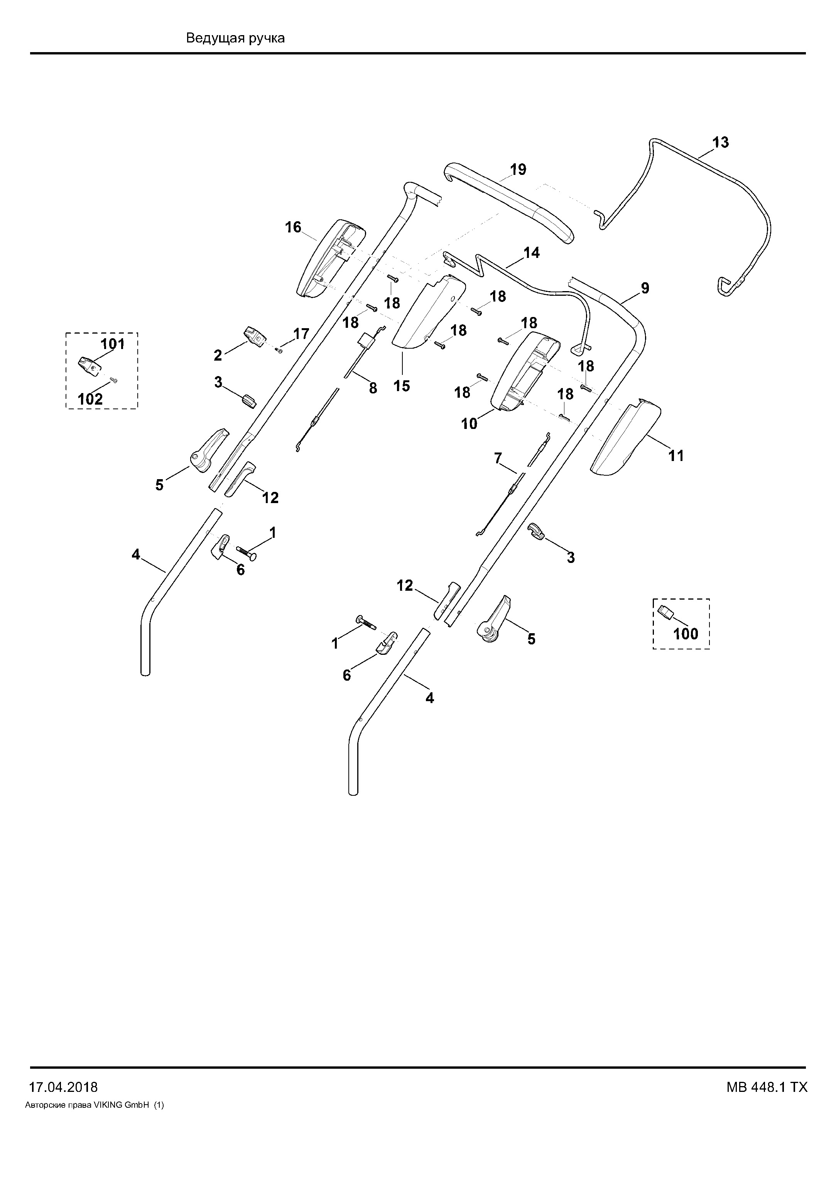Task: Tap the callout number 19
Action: (518, 169)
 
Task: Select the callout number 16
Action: (294, 227)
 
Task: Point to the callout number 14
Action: (532, 253)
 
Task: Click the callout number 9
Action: (645, 288)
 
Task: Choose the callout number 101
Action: (112, 344)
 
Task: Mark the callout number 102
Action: (91, 398)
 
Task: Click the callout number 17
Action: (301, 334)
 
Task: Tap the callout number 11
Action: (676, 456)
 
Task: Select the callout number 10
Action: (470, 424)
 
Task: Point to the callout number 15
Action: (402, 386)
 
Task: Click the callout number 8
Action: (373, 388)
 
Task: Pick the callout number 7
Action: (498, 458)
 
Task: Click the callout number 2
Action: (218, 355)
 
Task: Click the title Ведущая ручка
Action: (235, 38)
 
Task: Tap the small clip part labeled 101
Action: (89, 365)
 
